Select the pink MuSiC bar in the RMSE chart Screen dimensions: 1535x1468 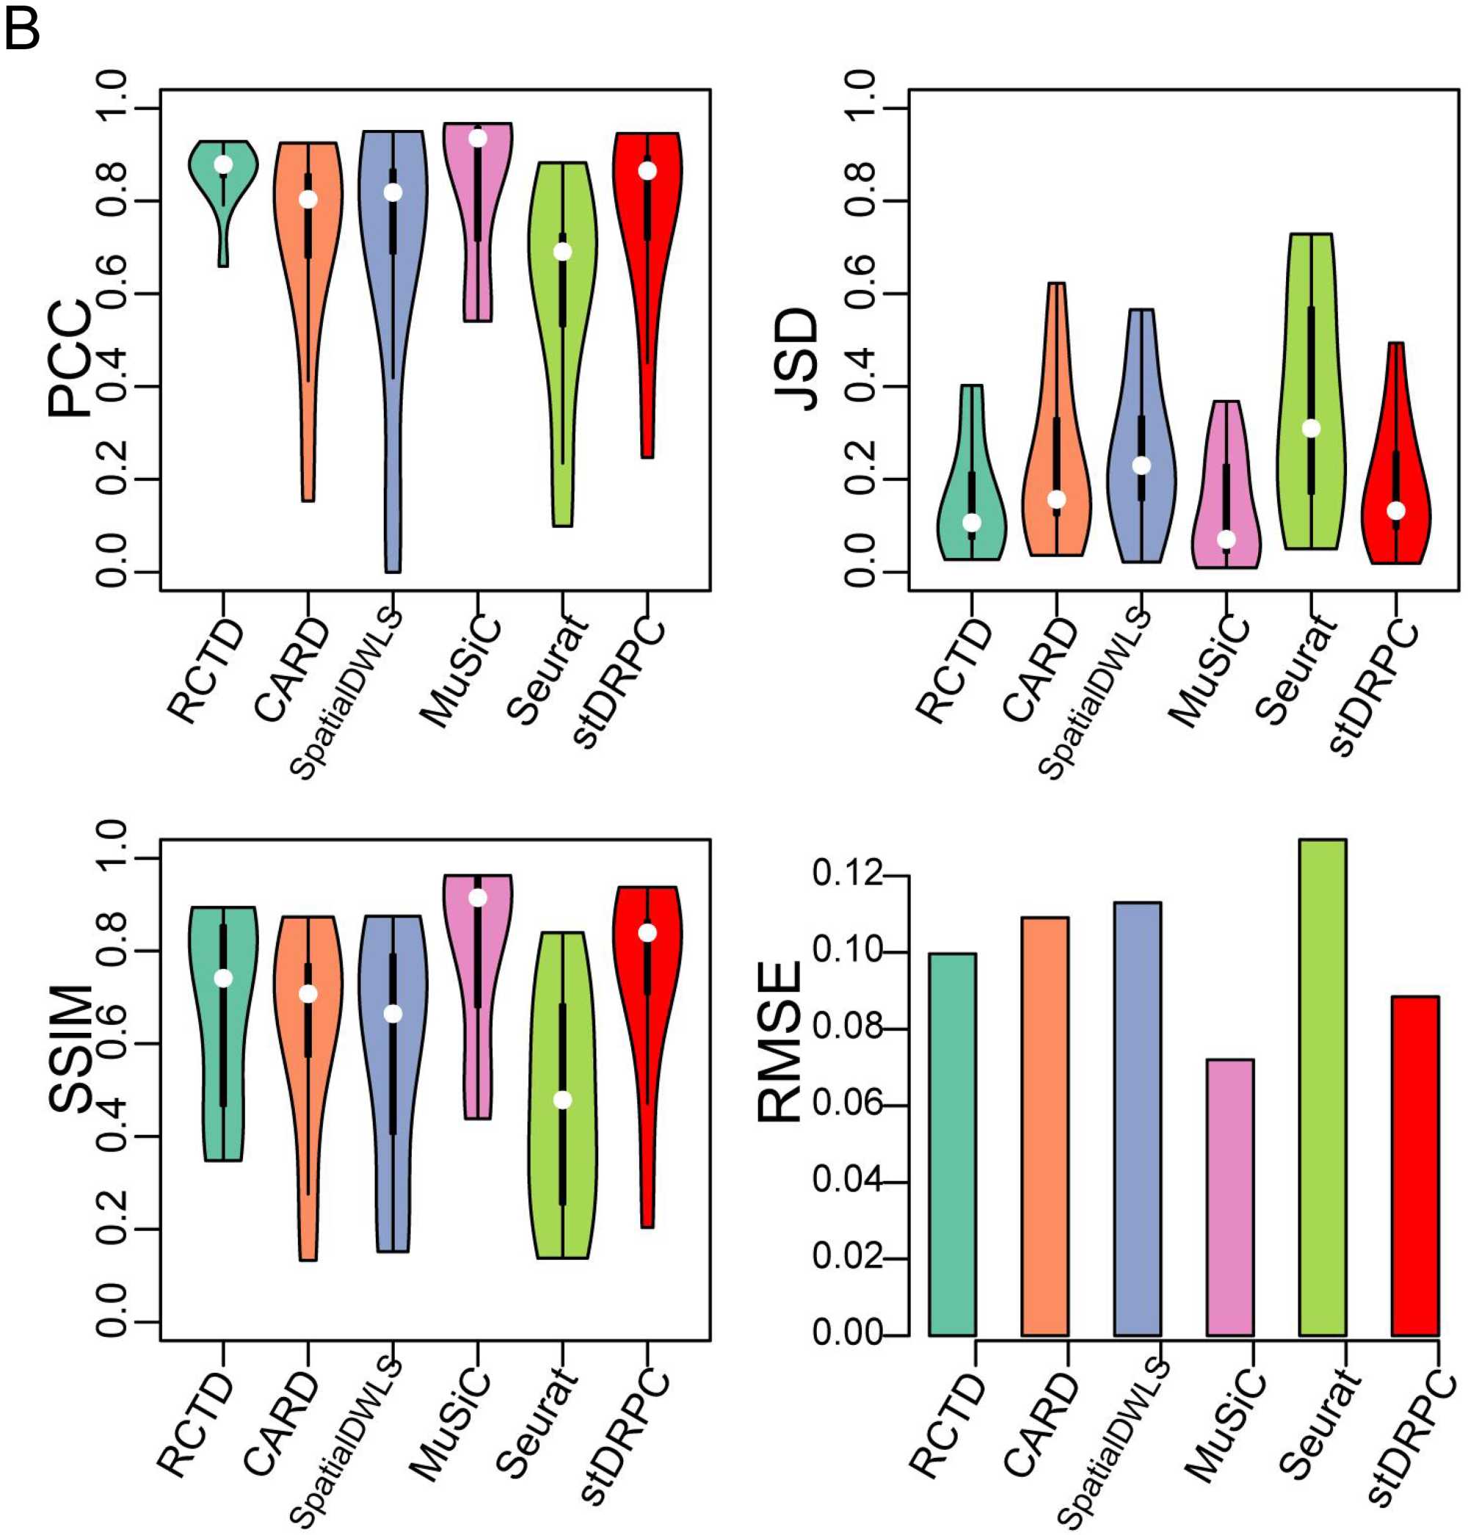(1229, 1197)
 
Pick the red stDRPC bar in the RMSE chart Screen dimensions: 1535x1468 (1415, 1166)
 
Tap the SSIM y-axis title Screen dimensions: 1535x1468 (69, 1049)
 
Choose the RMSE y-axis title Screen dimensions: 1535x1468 (780, 1042)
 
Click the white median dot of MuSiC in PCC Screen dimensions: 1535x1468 (477, 139)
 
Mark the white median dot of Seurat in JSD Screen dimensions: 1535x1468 (1311, 428)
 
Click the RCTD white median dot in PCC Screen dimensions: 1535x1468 (224, 164)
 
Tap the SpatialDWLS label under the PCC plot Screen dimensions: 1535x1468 (346, 694)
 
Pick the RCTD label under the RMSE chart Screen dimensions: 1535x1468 (946, 1424)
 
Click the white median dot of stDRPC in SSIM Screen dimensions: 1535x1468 (647, 933)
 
